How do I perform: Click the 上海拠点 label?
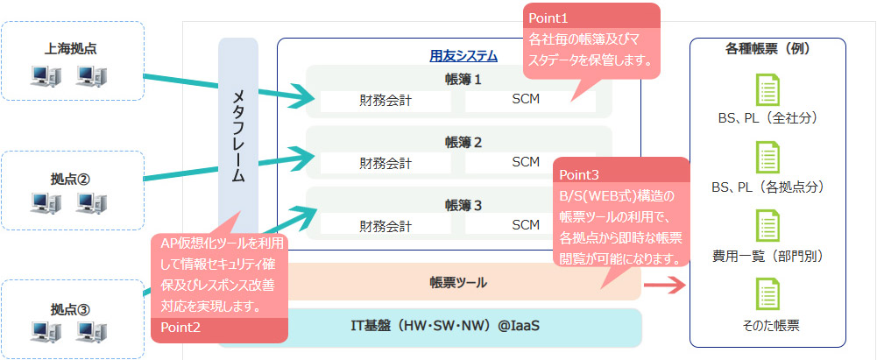pyautogui.click(x=72, y=49)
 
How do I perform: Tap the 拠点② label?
pyautogui.click(x=72, y=179)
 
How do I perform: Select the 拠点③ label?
pyautogui.click(x=72, y=308)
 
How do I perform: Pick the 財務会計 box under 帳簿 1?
pyautogui.click(x=385, y=100)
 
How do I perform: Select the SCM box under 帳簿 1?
pyautogui.click(x=526, y=99)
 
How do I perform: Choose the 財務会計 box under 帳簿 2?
pyautogui.click(x=385, y=162)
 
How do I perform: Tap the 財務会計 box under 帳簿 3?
pyautogui.click(x=385, y=225)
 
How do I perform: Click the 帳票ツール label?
pyautogui.click(x=458, y=283)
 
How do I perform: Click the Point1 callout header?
pyautogui.click(x=548, y=18)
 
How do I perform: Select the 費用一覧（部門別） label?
pyautogui.click(x=767, y=257)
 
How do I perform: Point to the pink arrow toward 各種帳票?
pyautogui.click(x=666, y=284)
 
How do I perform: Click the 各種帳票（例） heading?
pyautogui.click(x=766, y=50)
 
